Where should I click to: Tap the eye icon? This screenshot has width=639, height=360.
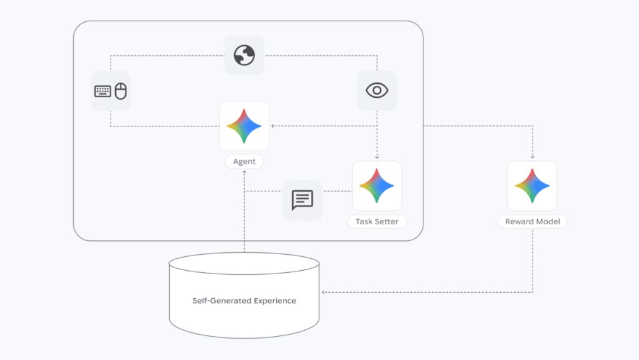(x=377, y=90)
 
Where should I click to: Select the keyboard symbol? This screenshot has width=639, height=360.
(x=103, y=91)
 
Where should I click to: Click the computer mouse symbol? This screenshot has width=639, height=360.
(x=120, y=91)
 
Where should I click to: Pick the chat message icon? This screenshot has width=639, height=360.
(x=302, y=200)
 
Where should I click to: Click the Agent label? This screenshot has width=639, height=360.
(x=244, y=162)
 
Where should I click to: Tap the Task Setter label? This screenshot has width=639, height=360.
(x=377, y=222)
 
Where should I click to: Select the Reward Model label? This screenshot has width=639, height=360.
(x=532, y=222)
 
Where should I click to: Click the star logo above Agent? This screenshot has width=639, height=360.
(x=244, y=125)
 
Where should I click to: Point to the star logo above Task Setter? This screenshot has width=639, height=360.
(x=377, y=186)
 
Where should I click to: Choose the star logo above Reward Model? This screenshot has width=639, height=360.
(x=532, y=186)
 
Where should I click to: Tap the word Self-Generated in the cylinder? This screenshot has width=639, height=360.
(x=220, y=301)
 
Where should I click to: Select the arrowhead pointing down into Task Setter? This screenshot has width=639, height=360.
(x=377, y=157)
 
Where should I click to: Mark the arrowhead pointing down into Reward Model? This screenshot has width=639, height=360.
(x=532, y=157)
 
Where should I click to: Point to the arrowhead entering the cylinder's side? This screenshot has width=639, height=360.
(x=323, y=292)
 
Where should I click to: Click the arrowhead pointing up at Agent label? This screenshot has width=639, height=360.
(x=244, y=172)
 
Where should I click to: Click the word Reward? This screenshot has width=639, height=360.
(x=519, y=222)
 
